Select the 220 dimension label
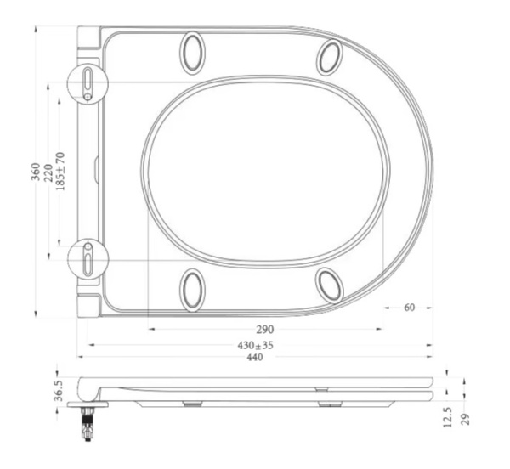(x=48, y=172)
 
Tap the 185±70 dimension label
(x=60, y=172)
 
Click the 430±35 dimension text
(x=255, y=345)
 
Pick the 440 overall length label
(x=255, y=358)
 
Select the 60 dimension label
(x=409, y=308)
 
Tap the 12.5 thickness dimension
(x=449, y=417)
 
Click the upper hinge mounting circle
(x=88, y=84)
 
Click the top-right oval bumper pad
(x=329, y=56)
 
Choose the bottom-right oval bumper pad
(x=329, y=285)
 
